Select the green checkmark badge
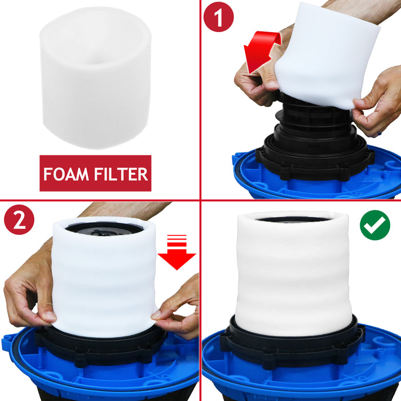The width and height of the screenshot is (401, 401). pos(375,225)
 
